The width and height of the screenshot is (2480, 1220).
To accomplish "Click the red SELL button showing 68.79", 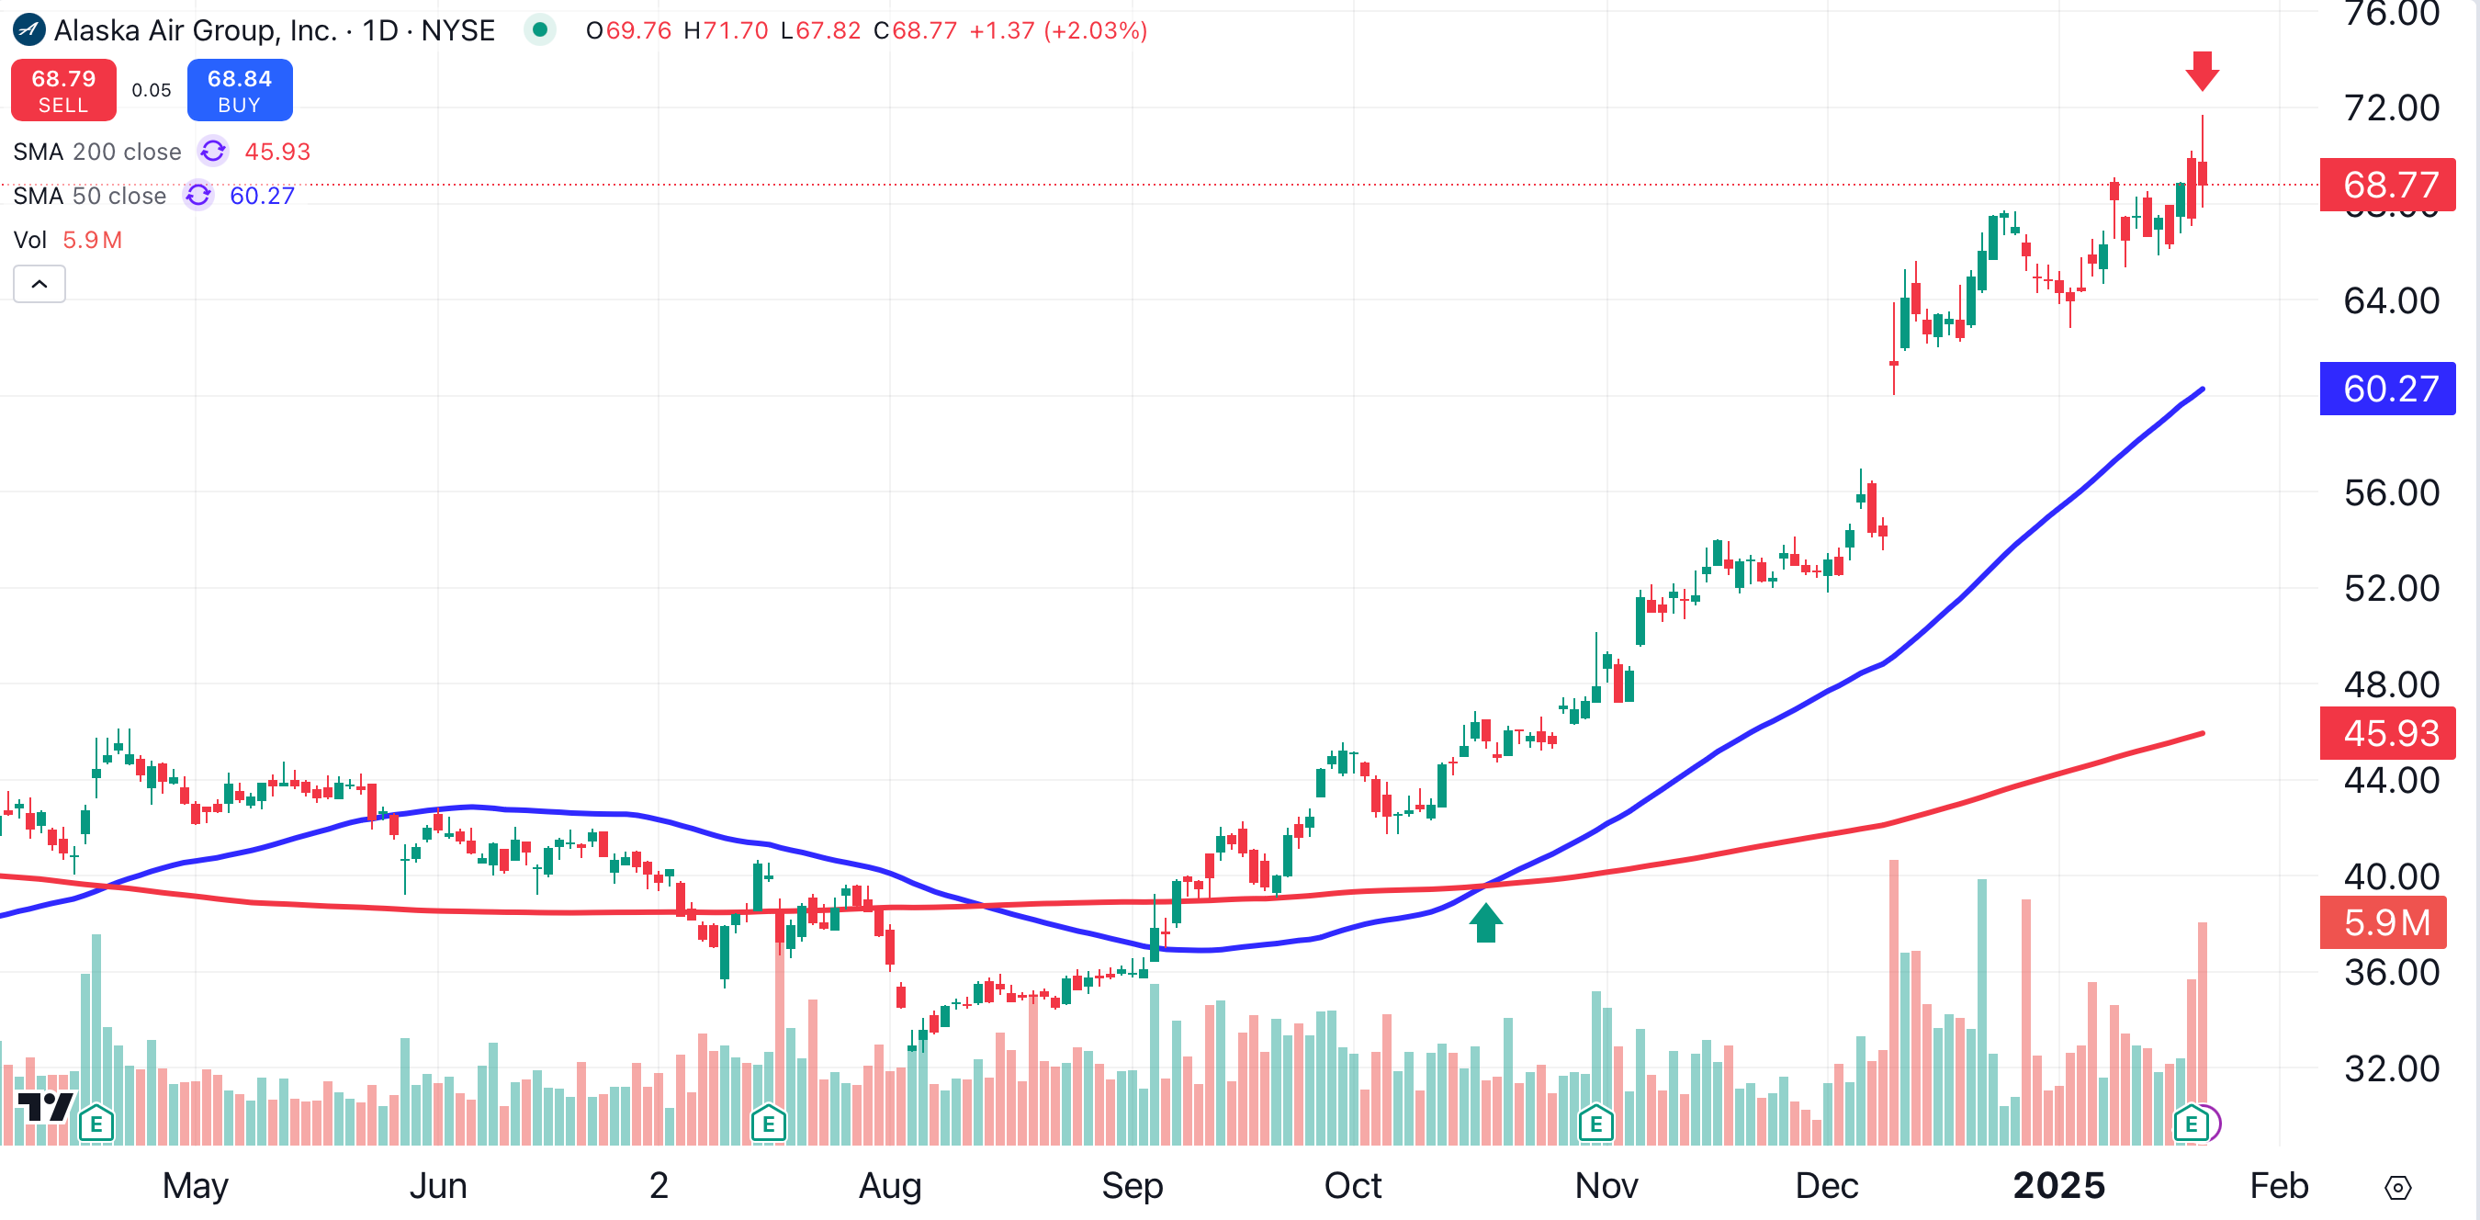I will click(x=63, y=91).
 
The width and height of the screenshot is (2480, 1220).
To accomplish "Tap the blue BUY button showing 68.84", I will click(x=240, y=91).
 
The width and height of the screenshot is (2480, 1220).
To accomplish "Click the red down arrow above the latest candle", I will click(x=2202, y=72).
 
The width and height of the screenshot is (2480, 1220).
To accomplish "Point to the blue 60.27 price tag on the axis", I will click(x=2386, y=389).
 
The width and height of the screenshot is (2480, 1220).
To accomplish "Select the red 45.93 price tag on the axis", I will click(x=2386, y=733).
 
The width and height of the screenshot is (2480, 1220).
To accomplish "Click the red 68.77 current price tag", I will click(x=2386, y=183).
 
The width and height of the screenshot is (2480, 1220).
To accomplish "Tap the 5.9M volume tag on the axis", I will click(x=2383, y=922).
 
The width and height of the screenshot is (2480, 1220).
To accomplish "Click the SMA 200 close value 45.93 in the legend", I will click(x=277, y=152).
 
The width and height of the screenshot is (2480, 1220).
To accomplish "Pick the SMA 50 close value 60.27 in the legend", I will click(x=262, y=197).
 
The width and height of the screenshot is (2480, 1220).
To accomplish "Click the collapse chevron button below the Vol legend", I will click(x=39, y=284).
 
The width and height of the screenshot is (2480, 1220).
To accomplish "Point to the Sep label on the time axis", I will click(x=1133, y=1185).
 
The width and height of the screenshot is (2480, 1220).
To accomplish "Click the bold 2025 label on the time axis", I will click(x=2058, y=1185).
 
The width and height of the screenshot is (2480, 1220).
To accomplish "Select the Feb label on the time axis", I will click(x=2279, y=1185).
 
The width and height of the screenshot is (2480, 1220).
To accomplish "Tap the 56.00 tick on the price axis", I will click(x=2391, y=493).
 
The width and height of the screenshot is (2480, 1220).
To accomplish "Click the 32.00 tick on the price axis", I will click(x=2391, y=1068).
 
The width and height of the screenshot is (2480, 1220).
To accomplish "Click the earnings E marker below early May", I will click(x=96, y=1124).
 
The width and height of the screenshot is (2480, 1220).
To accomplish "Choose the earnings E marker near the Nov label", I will click(x=1595, y=1124).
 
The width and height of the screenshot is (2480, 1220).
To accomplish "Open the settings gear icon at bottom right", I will click(x=2397, y=1188).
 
